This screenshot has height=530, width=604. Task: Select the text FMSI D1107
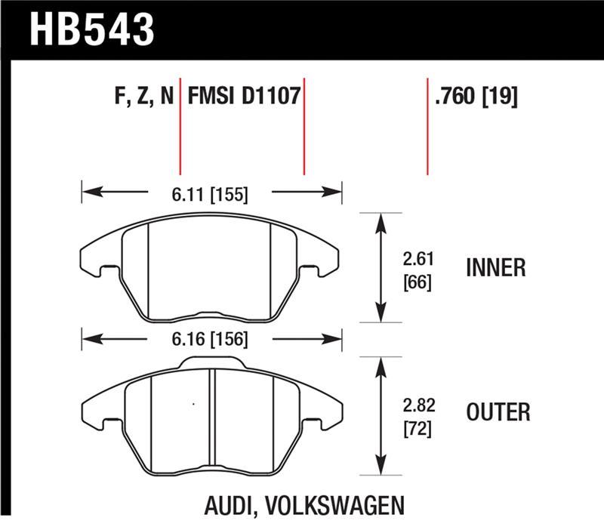click(244, 97)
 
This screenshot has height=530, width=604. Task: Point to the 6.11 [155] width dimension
click(211, 195)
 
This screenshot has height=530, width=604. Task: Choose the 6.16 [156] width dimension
click(211, 340)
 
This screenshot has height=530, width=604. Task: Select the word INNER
click(497, 268)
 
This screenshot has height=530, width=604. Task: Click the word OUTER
click(498, 411)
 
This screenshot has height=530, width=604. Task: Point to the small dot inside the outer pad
click(194, 405)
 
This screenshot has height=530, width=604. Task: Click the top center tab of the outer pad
click(212, 364)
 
